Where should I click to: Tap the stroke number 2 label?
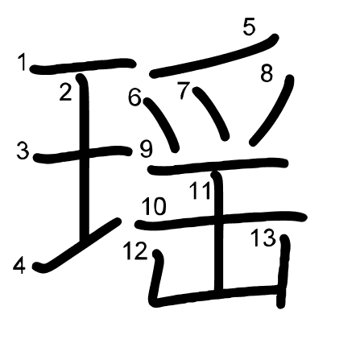click(x=66, y=92)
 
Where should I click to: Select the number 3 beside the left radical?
click(x=23, y=151)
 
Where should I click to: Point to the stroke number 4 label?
click(x=19, y=266)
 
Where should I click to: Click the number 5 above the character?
click(x=249, y=27)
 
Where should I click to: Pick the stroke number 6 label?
click(x=134, y=97)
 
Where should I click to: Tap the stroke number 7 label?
click(x=184, y=91)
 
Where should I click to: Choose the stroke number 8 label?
click(x=267, y=73)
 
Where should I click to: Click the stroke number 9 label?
click(x=147, y=149)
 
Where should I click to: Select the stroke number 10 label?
click(x=154, y=206)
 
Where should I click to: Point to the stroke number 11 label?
click(x=200, y=191)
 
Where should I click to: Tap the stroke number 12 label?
click(x=135, y=250)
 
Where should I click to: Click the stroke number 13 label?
click(x=263, y=238)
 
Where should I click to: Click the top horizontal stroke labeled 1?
click(x=83, y=65)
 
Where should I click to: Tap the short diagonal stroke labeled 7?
click(x=212, y=113)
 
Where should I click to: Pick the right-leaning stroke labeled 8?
click(x=272, y=110)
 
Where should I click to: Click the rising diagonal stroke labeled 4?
click(x=77, y=246)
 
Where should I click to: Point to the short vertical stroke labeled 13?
click(x=283, y=271)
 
